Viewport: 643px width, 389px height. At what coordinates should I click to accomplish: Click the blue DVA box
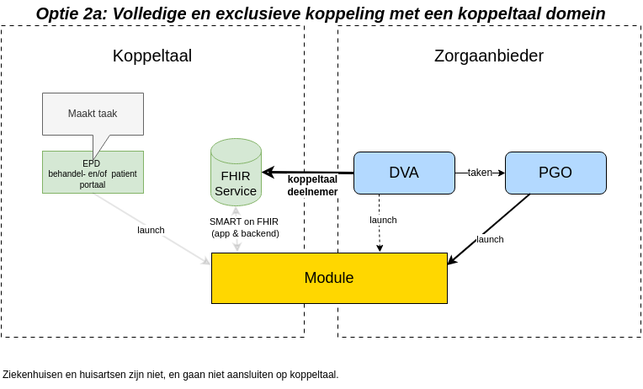tap(404, 173)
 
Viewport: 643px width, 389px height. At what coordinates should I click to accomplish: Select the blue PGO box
tap(555, 173)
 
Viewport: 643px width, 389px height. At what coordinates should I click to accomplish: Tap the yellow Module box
tap(328, 278)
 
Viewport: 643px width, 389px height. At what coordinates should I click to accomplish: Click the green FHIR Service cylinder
tap(236, 177)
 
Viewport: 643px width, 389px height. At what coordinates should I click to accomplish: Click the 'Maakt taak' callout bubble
tap(93, 113)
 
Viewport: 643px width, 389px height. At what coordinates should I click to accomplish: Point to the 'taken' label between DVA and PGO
tap(480, 173)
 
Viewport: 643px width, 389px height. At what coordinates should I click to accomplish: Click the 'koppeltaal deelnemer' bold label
tap(312, 185)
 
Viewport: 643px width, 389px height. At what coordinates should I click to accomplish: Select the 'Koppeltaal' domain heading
tap(152, 56)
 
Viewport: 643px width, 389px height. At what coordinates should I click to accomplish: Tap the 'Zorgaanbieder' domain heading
tap(489, 56)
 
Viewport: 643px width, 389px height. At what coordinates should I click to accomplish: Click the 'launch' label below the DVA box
tap(383, 220)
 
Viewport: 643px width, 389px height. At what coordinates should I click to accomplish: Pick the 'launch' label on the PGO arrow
tap(490, 239)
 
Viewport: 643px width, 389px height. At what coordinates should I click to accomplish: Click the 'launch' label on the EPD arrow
tap(151, 230)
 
